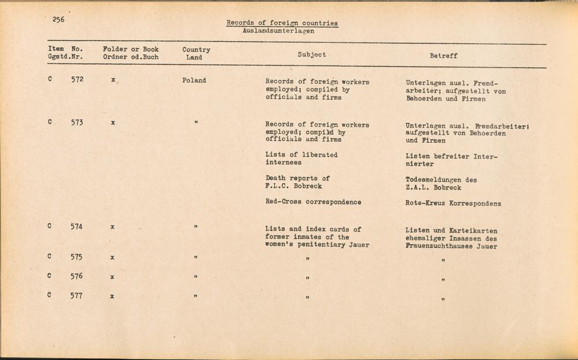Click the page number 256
[x=58, y=19]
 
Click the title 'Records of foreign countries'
[x=282, y=23]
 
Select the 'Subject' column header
[x=312, y=55]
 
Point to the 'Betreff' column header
[x=443, y=56]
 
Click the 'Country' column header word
[x=196, y=50]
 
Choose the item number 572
[x=77, y=79]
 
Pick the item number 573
[x=77, y=122]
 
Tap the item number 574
[x=77, y=227]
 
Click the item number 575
[x=77, y=257]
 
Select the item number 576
[x=77, y=276]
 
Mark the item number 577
[x=77, y=296]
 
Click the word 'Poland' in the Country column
[x=194, y=80]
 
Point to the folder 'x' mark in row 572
[x=113, y=80]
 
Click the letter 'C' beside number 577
[x=50, y=295]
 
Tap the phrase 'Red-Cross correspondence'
[x=313, y=202]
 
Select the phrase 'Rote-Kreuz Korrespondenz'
[x=453, y=203]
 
